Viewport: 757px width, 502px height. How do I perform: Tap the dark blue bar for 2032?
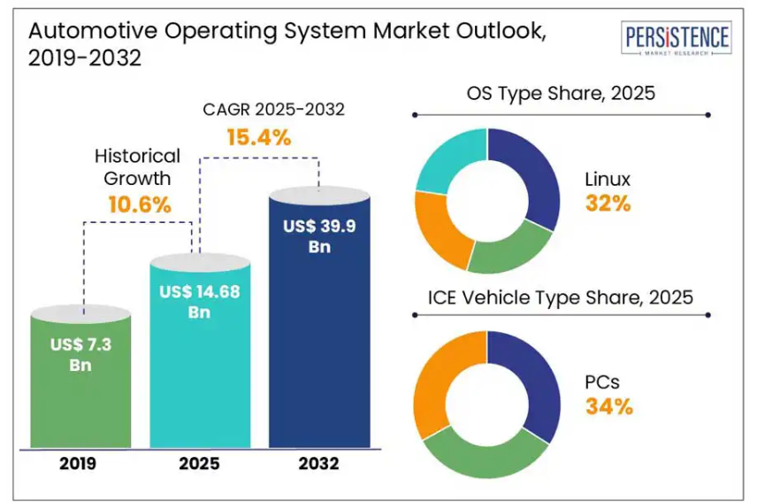319,345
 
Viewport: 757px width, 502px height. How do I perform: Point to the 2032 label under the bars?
319,463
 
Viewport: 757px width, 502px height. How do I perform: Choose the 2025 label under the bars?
200,463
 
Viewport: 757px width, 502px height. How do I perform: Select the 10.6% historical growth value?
139,205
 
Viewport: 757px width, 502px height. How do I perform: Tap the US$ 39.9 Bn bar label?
319,236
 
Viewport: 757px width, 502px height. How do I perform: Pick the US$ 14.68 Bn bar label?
200,301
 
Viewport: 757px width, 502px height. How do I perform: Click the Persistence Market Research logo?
677,40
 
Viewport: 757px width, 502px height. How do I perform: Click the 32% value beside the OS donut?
608,204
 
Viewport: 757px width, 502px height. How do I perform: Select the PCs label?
602,382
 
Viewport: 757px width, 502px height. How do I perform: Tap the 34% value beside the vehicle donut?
608,407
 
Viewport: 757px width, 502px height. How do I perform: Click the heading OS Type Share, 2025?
561,93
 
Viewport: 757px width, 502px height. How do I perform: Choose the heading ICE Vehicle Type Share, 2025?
561,297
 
